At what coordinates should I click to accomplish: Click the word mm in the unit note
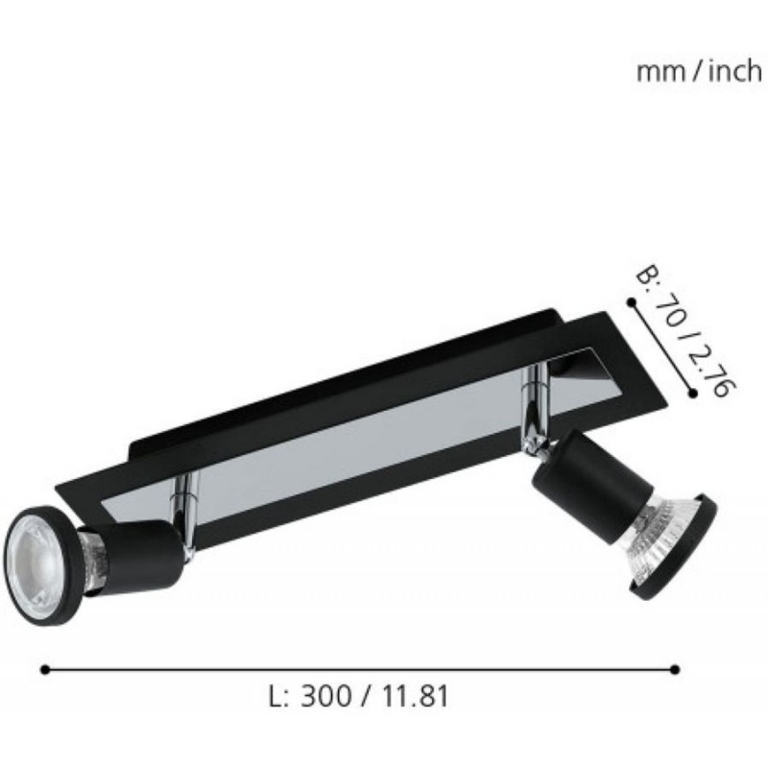pos(660,73)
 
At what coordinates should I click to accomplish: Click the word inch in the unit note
pos(735,71)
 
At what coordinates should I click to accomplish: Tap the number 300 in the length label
pos(325,695)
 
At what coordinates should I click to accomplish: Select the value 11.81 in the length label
pos(415,695)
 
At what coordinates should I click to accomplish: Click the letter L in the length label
pos(276,695)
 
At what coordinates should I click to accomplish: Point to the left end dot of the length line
pos(45,669)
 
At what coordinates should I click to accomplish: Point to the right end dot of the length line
pos(675,669)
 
